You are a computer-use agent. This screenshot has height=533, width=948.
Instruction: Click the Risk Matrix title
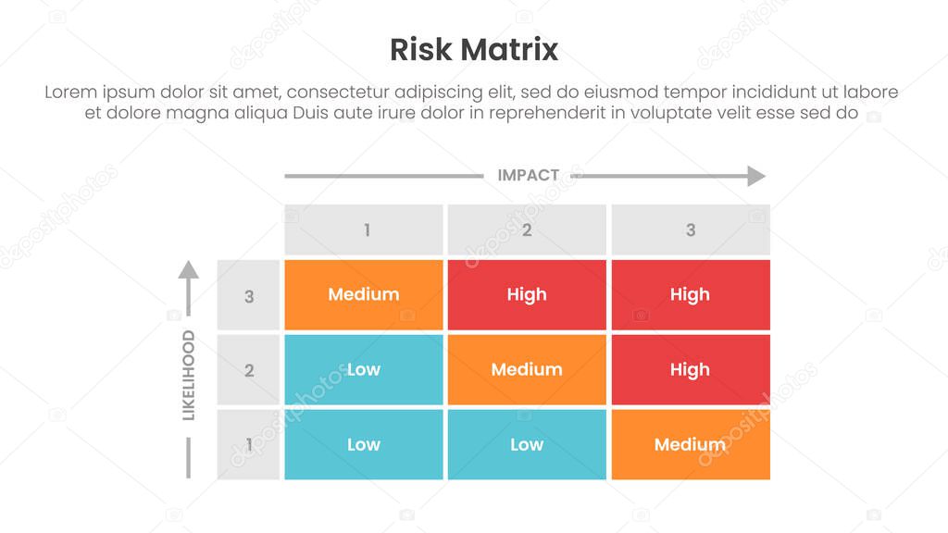tap(473, 49)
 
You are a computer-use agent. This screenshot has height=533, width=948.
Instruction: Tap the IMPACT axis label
tap(528, 175)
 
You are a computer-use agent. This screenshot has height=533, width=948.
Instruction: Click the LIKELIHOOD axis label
tap(188, 375)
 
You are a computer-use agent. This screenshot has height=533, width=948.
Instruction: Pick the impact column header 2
tap(527, 229)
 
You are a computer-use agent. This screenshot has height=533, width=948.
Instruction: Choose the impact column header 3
tap(690, 229)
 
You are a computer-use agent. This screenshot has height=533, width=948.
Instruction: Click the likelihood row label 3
tap(248, 296)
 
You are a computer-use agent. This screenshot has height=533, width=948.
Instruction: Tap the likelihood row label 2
tap(248, 370)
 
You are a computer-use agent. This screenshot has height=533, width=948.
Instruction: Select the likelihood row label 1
tap(248, 445)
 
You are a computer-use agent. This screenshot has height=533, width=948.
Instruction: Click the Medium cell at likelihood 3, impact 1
tap(364, 295)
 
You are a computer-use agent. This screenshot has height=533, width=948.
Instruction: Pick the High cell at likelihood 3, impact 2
tap(527, 295)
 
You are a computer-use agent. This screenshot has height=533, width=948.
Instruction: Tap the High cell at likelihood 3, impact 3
tap(690, 295)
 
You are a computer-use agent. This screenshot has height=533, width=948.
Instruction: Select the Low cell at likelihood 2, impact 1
tap(364, 370)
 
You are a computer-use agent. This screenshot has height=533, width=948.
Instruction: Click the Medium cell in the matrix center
tap(527, 370)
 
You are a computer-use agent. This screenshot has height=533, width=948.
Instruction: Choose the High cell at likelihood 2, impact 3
tap(690, 370)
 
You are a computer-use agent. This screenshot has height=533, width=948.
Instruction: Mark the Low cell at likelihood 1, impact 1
tap(364, 445)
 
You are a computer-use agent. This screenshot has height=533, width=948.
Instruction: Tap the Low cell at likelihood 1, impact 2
tap(527, 445)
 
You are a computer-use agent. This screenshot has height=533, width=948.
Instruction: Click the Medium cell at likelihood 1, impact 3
tap(690, 445)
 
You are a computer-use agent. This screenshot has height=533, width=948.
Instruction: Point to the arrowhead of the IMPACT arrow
tap(757, 176)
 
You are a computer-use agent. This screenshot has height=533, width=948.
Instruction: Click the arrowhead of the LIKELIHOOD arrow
tap(188, 269)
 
